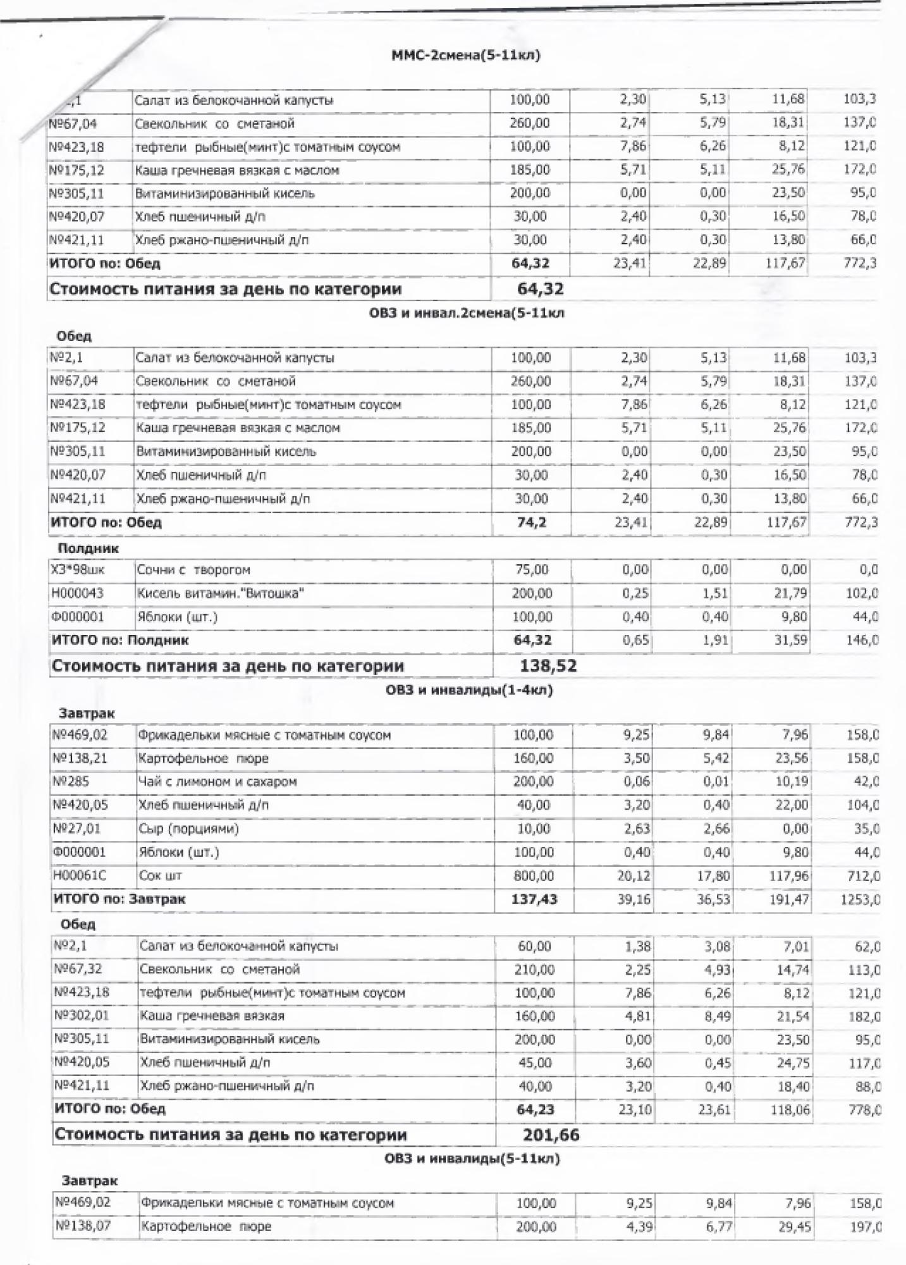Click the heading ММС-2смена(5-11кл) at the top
pyautogui.click(x=466, y=56)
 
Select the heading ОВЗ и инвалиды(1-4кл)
pyautogui.click(x=469, y=690)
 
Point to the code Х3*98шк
pyautogui.click(x=78, y=570)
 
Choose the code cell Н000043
pyautogui.click(x=78, y=593)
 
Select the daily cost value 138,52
pyautogui.click(x=548, y=665)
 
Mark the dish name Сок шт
pyautogui.click(x=161, y=876)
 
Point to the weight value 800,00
pyautogui.click(x=534, y=876)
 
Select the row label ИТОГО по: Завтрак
pyautogui.click(x=120, y=899)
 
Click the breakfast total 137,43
pyautogui.click(x=534, y=899)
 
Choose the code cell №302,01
pyautogui.click(x=82, y=1016)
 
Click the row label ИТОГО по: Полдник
pyautogui.click(x=120, y=640)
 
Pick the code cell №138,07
pyautogui.click(x=83, y=1226)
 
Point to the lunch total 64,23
pyautogui.click(x=536, y=1109)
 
